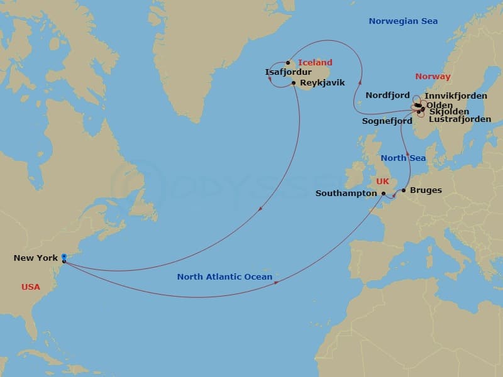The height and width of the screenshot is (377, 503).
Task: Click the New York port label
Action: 35,258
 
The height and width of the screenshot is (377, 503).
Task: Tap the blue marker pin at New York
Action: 64,256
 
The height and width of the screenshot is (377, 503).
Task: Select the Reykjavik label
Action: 321,83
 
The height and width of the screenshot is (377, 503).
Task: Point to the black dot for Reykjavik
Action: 294,82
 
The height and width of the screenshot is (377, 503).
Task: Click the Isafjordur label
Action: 289,72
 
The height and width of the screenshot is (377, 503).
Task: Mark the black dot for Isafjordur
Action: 288,62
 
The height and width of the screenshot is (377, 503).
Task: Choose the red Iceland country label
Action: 315,62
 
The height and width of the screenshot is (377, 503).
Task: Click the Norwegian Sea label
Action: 403,21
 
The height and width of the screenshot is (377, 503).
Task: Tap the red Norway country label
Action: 433,77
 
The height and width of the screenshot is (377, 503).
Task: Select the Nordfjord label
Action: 387,96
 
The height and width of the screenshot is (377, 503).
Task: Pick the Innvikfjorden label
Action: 456,96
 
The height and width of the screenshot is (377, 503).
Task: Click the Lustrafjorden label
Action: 460,119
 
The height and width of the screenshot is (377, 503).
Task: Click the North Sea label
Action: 403,158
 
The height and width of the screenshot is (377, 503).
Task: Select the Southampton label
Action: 346,194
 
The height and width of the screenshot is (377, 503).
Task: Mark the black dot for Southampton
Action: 384,194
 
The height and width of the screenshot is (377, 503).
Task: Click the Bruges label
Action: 426,190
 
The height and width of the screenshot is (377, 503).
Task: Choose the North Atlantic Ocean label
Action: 224,276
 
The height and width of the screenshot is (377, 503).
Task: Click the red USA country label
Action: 30,287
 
